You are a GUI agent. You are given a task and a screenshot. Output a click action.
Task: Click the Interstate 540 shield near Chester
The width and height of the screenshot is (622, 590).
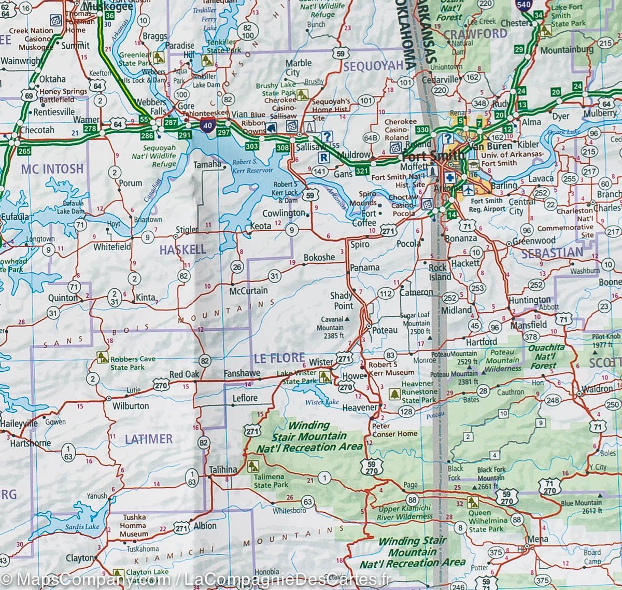click(x=522, y=5)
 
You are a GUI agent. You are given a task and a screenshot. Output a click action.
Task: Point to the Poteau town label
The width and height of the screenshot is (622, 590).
click(x=385, y=330)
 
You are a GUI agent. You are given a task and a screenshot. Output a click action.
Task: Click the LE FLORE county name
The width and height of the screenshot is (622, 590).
click(x=272, y=357)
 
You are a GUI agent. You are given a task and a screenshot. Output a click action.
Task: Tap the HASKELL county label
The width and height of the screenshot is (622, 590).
click(x=182, y=249)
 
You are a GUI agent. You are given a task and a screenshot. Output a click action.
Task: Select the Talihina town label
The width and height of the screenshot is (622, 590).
click(x=223, y=470)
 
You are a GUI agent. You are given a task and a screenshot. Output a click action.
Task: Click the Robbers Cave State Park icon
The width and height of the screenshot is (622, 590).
click(x=102, y=357)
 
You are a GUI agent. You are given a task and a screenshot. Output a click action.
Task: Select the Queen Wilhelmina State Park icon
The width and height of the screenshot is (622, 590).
click(x=472, y=501)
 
